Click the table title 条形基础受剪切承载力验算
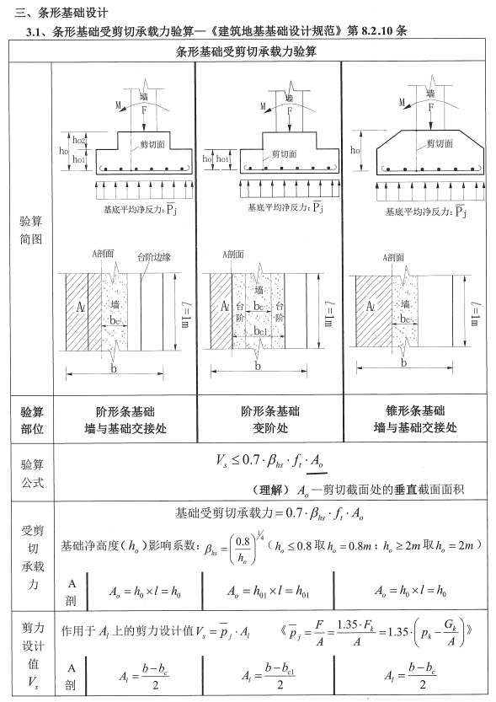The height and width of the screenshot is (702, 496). pyautogui.click(x=247, y=51)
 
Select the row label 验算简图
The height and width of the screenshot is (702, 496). pyautogui.click(x=31, y=230)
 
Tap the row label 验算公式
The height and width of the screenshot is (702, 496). pyautogui.click(x=31, y=473)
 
